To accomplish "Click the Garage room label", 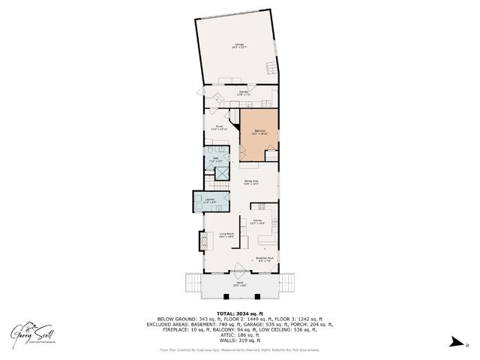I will coord(238,46).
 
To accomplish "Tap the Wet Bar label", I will coord(232,94).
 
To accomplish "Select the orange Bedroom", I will coord(259,133).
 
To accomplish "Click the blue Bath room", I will coord(215,160).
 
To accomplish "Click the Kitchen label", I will coord(256,222).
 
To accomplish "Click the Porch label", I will coord(238,285).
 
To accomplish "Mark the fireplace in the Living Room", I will coord(202,241).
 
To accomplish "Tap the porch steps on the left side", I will coord(191,285).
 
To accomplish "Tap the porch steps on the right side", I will coord(286,285).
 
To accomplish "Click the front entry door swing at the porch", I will coord(238,269).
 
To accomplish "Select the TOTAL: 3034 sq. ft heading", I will coord(238,313).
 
